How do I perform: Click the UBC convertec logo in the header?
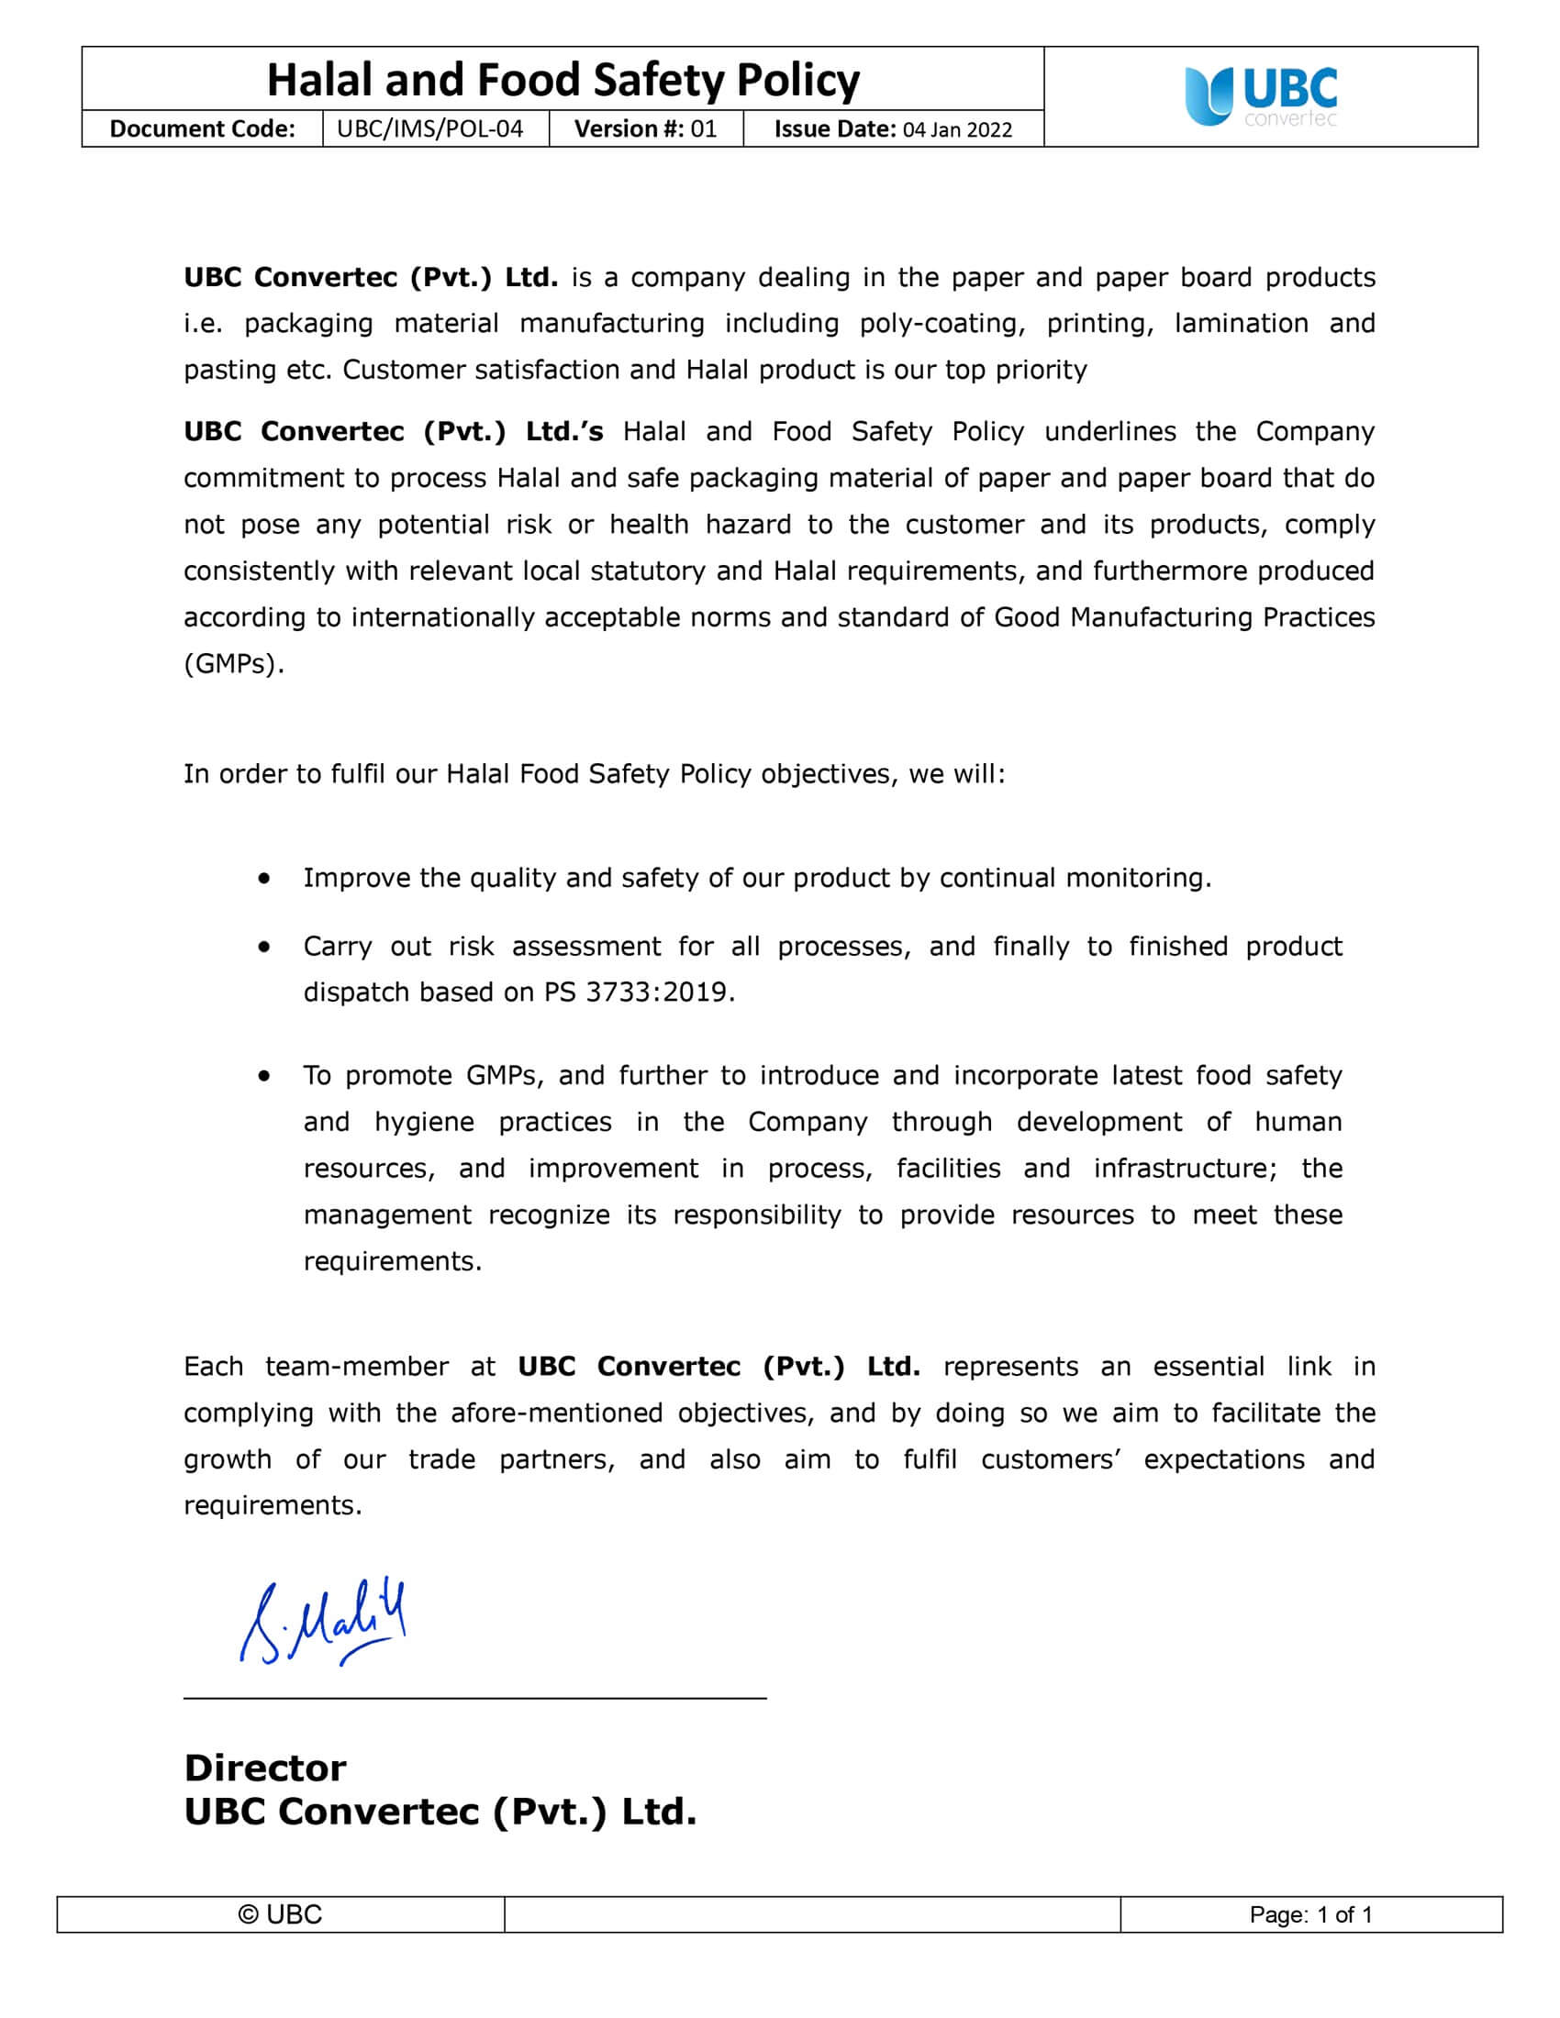click(1261, 96)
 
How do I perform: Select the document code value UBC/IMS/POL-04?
click(429, 128)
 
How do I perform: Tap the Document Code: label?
click(203, 128)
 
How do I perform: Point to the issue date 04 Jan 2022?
click(957, 129)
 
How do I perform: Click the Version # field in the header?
click(645, 128)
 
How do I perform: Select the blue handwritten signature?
click(322, 1622)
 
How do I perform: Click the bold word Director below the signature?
click(265, 1768)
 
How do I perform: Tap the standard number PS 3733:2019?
click(637, 992)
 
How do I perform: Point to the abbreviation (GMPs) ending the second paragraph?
click(233, 663)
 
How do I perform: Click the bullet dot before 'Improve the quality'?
click(265, 877)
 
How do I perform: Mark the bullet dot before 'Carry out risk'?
click(265, 947)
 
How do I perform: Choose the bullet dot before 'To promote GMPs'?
click(265, 1076)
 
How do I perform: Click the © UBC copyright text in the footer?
click(280, 1914)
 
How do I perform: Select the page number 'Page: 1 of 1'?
click(1310, 1914)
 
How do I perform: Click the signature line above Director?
click(475, 1697)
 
